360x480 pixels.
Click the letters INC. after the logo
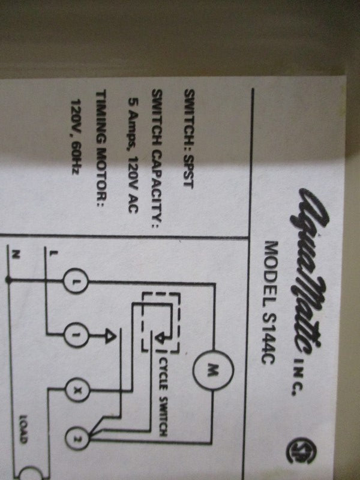tap(298, 377)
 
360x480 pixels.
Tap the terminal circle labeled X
tap(78, 390)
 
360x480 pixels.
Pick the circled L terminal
tap(76, 281)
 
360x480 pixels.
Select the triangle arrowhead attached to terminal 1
tap(110, 335)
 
